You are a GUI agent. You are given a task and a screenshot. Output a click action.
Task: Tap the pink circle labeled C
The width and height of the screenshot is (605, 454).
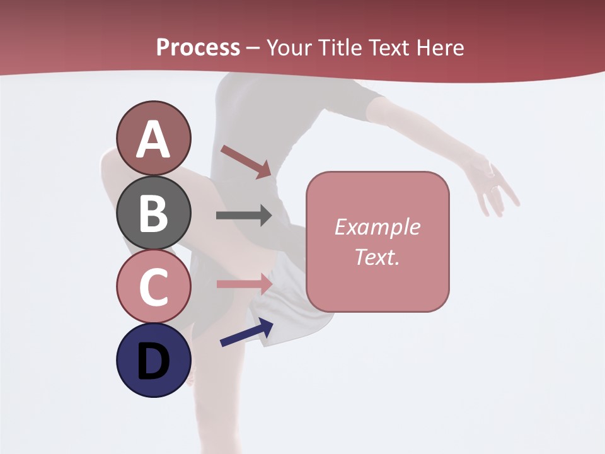[153, 286]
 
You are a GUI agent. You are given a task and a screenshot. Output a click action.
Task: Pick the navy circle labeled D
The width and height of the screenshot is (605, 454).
[153, 360]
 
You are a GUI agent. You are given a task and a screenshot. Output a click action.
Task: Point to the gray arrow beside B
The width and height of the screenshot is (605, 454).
[244, 216]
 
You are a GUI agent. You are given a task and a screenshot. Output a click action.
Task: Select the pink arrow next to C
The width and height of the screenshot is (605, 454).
[244, 284]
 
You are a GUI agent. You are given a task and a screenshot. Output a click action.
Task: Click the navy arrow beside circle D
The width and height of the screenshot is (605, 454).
[246, 332]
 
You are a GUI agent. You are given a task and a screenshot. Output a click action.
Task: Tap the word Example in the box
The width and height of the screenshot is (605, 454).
[377, 227]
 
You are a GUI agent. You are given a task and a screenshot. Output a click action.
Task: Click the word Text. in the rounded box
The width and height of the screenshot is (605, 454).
[377, 257]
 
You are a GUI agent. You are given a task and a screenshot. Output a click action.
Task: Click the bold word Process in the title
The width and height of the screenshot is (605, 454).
[198, 47]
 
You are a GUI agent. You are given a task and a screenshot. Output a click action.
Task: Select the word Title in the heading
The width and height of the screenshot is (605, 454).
[340, 47]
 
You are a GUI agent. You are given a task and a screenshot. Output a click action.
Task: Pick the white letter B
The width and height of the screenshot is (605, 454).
[153, 213]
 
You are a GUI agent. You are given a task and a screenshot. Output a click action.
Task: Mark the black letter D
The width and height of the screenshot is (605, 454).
[153, 361]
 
